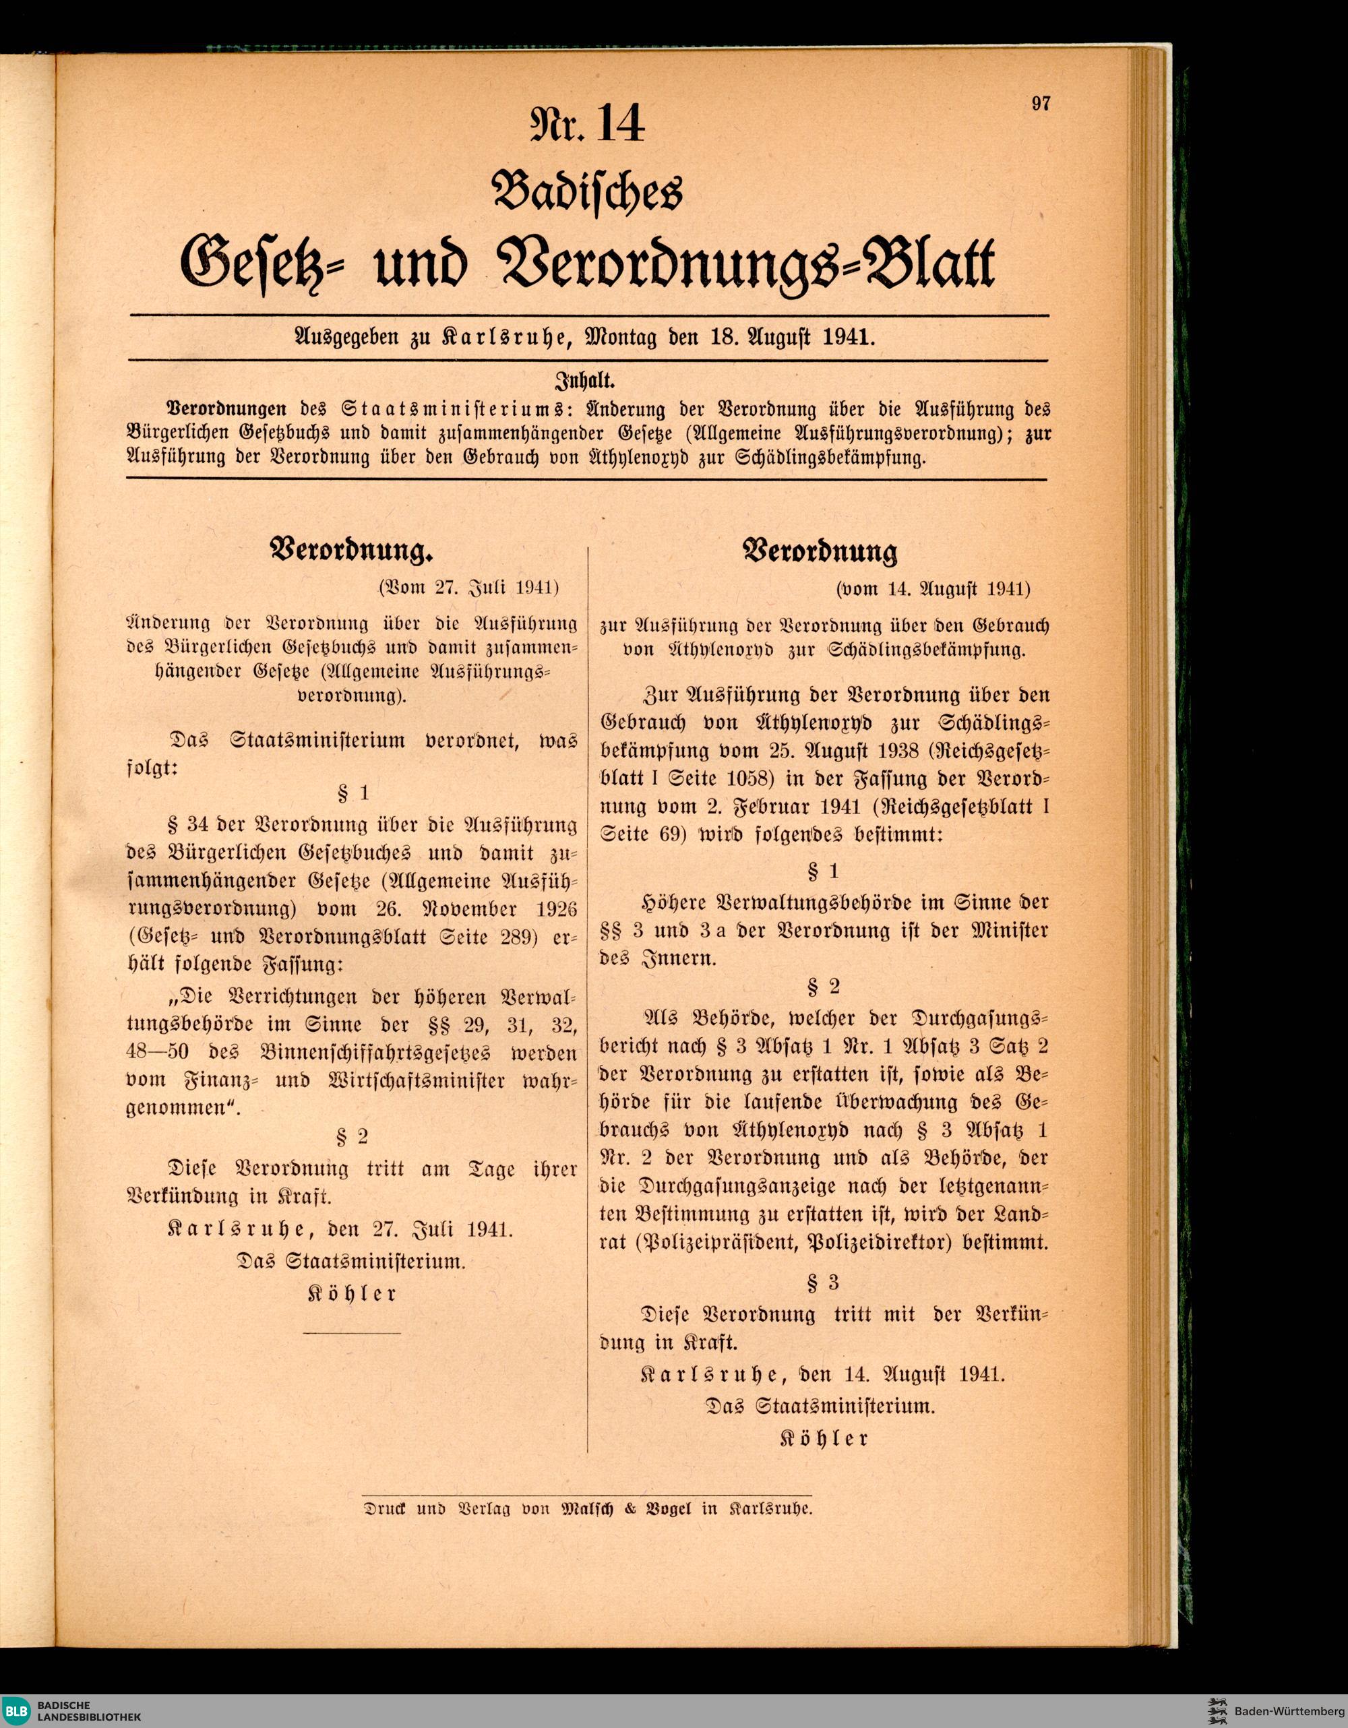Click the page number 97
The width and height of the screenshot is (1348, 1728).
tap(1040, 104)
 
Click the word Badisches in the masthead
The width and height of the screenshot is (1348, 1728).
tap(587, 193)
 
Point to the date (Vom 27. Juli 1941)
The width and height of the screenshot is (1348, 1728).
tap(468, 588)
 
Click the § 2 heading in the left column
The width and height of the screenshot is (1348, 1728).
tap(352, 1137)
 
